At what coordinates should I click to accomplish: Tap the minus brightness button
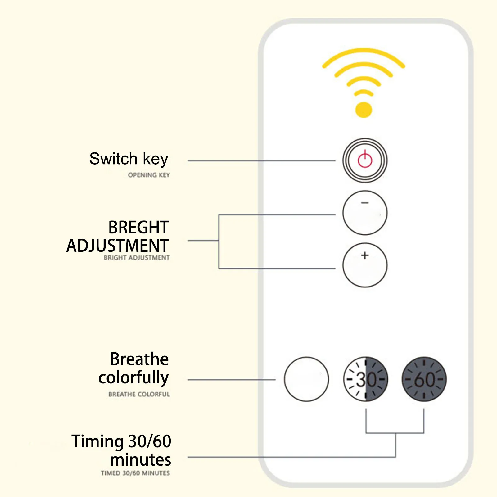pyautogui.click(x=365, y=213)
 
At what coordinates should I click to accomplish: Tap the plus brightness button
pyautogui.click(x=365, y=265)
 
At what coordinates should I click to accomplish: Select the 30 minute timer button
pyautogui.click(x=366, y=379)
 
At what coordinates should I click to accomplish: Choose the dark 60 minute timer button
pyautogui.click(x=424, y=379)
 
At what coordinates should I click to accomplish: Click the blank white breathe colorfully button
pyautogui.click(x=306, y=379)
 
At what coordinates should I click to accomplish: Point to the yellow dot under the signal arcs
pyautogui.click(x=364, y=110)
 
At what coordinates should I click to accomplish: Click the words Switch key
pyautogui.click(x=129, y=159)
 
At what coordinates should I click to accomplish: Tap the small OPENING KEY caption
pyautogui.click(x=149, y=175)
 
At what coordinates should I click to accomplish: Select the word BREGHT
pyautogui.click(x=138, y=227)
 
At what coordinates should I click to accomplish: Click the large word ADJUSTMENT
pyautogui.click(x=118, y=246)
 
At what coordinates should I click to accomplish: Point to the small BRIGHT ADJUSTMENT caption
pyautogui.click(x=137, y=258)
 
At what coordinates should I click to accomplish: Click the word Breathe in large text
pyautogui.click(x=139, y=359)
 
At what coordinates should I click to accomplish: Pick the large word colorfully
pyautogui.click(x=133, y=378)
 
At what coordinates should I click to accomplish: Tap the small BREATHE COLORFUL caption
pyautogui.click(x=139, y=394)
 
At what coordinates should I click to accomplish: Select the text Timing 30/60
pyautogui.click(x=121, y=441)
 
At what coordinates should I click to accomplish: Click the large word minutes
pyautogui.click(x=140, y=460)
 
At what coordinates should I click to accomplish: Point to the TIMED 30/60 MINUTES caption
pyautogui.click(x=135, y=473)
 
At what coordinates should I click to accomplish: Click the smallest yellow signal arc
pyautogui.click(x=364, y=92)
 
